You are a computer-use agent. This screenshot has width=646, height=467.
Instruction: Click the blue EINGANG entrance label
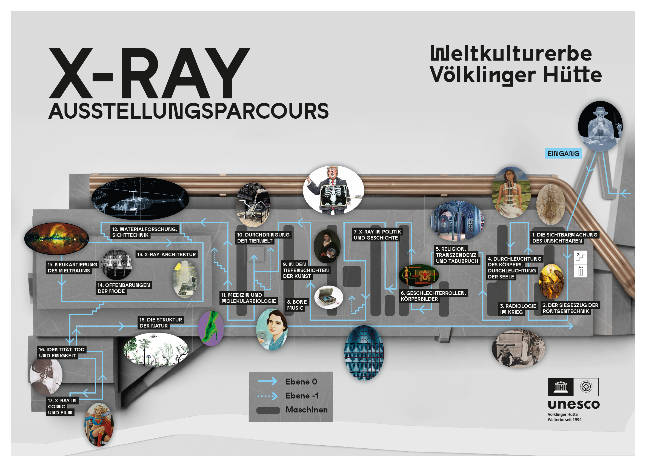(563, 153)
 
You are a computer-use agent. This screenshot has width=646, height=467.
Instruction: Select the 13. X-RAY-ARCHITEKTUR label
(167, 254)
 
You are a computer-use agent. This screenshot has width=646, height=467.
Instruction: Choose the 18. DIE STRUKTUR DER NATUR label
(160, 323)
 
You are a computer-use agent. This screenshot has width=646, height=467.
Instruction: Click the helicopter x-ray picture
(140, 199)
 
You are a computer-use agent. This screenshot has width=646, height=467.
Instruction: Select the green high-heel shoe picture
(211, 329)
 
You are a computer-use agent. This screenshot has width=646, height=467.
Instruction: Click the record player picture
(328, 297)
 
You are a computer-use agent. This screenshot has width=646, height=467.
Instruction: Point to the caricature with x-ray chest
(333, 190)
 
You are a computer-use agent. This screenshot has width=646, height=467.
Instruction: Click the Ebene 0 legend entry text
(301, 381)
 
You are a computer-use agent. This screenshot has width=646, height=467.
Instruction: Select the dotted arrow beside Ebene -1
(267, 396)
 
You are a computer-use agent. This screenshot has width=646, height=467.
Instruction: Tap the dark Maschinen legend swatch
(268, 410)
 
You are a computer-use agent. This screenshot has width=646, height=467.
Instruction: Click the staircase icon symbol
(581, 257)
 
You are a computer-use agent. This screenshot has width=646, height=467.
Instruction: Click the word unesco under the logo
(573, 404)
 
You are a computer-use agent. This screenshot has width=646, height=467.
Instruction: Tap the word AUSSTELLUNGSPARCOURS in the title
(188, 111)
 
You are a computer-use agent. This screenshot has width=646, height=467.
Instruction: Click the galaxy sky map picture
(56, 238)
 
